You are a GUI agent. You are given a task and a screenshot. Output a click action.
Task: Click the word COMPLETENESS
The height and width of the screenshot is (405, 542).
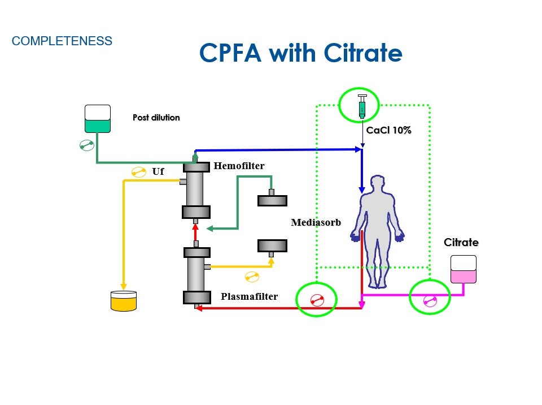(62, 41)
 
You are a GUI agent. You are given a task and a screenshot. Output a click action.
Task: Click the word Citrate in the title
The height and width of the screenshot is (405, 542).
(362, 53)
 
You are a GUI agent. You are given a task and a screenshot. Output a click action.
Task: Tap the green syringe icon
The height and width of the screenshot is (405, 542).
(362, 106)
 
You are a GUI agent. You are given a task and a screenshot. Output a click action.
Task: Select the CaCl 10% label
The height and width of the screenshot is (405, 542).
(388, 130)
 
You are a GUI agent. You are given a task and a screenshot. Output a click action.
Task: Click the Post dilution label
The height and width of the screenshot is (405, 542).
(156, 118)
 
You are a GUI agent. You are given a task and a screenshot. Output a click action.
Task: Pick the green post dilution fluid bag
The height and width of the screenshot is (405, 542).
(98, 119)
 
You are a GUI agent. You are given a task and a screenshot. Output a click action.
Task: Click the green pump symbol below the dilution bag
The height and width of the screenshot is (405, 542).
(87, 145)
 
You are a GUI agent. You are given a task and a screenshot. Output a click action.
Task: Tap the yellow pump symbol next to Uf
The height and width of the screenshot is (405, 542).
(139, 172)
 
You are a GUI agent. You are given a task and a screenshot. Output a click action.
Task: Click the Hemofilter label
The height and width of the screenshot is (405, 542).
(239, 166)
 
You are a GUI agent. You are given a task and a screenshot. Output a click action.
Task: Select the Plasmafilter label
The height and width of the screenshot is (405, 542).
(249, 296)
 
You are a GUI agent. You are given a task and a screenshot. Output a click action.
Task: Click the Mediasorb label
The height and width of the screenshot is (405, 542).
(316, 222)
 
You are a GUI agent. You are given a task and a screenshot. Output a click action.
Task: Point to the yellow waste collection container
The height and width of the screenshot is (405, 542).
(124, 301)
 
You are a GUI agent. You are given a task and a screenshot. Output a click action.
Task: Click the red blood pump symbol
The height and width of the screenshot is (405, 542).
(317, 300)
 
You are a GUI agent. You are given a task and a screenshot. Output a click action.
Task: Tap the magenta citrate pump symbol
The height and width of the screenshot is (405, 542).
(430, 301)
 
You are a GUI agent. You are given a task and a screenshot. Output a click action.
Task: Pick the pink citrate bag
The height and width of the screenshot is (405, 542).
(463, 269)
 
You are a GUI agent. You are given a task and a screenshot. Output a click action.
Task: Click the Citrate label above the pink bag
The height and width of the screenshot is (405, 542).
(461, 242)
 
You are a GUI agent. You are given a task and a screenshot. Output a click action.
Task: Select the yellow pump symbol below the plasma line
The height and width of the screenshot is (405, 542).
(252, 277)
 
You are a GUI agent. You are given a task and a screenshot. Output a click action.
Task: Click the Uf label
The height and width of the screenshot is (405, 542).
(158, 171)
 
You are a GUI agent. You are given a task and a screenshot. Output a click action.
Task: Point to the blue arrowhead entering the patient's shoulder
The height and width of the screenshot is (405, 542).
(361, 190)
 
